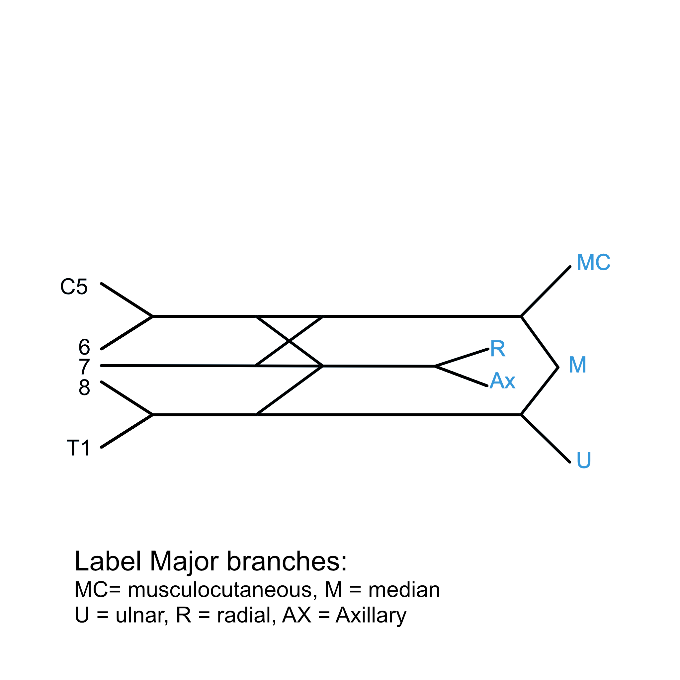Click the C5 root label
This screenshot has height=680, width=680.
[74, 287]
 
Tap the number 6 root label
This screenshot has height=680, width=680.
[84, 347]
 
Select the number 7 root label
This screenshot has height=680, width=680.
[84, 367]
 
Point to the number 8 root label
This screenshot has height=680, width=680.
[84, 387]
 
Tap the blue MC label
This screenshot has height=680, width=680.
[593, 262]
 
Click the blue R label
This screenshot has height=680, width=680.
[498, 349]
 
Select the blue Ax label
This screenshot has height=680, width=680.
[502, 381]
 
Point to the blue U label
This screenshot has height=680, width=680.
[584, 460]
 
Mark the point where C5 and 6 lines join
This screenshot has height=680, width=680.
[153, 316]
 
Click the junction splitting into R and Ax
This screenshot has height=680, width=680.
[435, 367]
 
